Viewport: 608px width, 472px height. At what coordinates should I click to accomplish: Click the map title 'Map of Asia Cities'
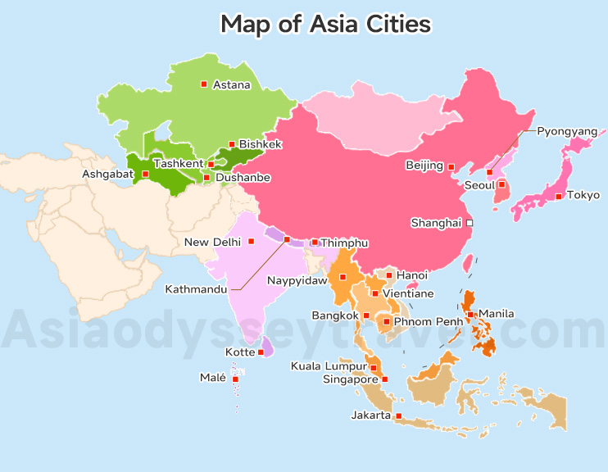325,24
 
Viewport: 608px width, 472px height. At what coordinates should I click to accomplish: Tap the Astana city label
231,84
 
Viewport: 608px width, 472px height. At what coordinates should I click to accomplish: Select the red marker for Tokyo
559,196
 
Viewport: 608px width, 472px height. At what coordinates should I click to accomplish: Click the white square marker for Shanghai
470,223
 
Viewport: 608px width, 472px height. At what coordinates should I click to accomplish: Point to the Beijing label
424,166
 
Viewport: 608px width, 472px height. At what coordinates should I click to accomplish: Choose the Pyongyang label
567,131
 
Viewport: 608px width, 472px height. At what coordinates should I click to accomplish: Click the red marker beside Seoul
501,184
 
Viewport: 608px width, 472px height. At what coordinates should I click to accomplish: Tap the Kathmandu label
197,289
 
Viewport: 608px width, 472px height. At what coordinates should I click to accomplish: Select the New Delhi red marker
252,241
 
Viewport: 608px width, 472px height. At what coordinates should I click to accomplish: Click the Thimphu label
344,243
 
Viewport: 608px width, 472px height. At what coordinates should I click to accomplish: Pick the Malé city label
212,378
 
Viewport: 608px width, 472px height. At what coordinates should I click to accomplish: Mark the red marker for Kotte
261,352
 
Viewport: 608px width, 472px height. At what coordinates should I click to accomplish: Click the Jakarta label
370,415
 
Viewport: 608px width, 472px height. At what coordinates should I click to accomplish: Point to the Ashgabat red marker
146,174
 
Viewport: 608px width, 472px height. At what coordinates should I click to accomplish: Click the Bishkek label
260,144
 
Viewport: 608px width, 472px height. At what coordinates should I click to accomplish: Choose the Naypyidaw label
297,280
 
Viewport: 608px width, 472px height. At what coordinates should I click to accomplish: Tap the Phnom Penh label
429,321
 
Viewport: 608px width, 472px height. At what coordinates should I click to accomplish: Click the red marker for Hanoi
389,275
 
